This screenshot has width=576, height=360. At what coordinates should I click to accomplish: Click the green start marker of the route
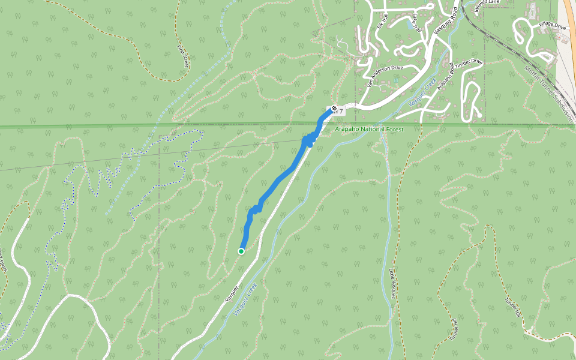[241, 251]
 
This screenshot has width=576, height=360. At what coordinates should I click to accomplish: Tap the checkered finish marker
[334, 109]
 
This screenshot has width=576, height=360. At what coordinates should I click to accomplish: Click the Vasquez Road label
[443, 25]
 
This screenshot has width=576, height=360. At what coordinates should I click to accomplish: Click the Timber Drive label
[469, 64]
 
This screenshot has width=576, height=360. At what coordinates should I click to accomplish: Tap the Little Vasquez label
[393, 282]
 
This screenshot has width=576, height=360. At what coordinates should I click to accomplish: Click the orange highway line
[568, 30]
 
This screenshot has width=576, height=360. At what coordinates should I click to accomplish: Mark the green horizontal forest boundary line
[120, 126]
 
